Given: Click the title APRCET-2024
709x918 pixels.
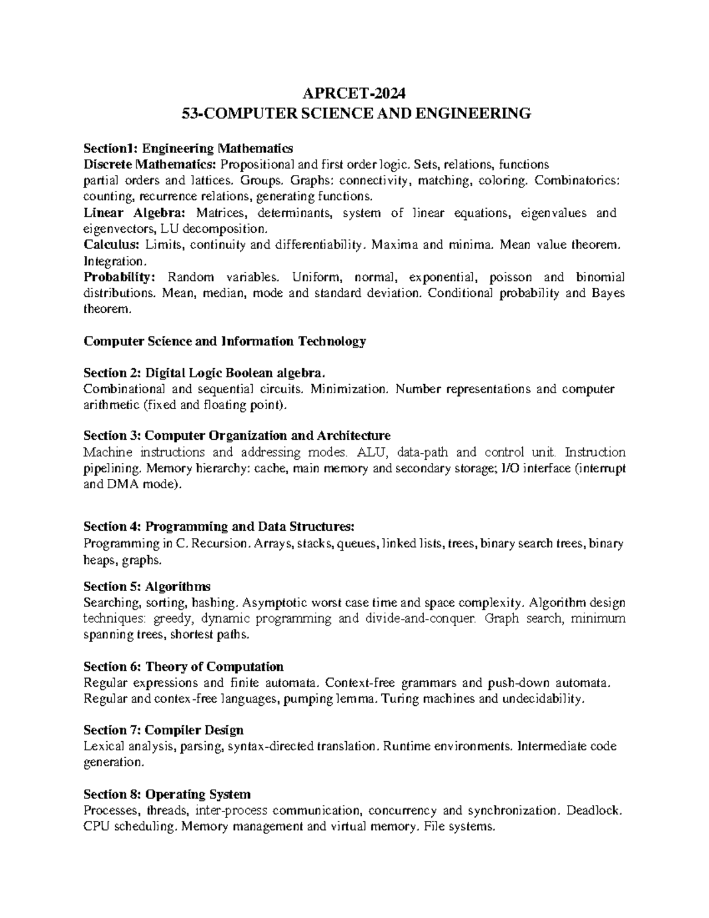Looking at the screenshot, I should coord(354,93).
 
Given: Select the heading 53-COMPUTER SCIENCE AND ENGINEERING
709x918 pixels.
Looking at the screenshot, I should coord(354,113).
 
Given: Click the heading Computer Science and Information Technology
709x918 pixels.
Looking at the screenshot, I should coord(225,341).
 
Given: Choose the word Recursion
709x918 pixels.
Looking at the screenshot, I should coord(222,543).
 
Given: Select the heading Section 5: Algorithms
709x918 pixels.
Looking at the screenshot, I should coord(147,586).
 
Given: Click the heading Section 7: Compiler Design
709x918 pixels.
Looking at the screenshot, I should coord(164,730).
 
